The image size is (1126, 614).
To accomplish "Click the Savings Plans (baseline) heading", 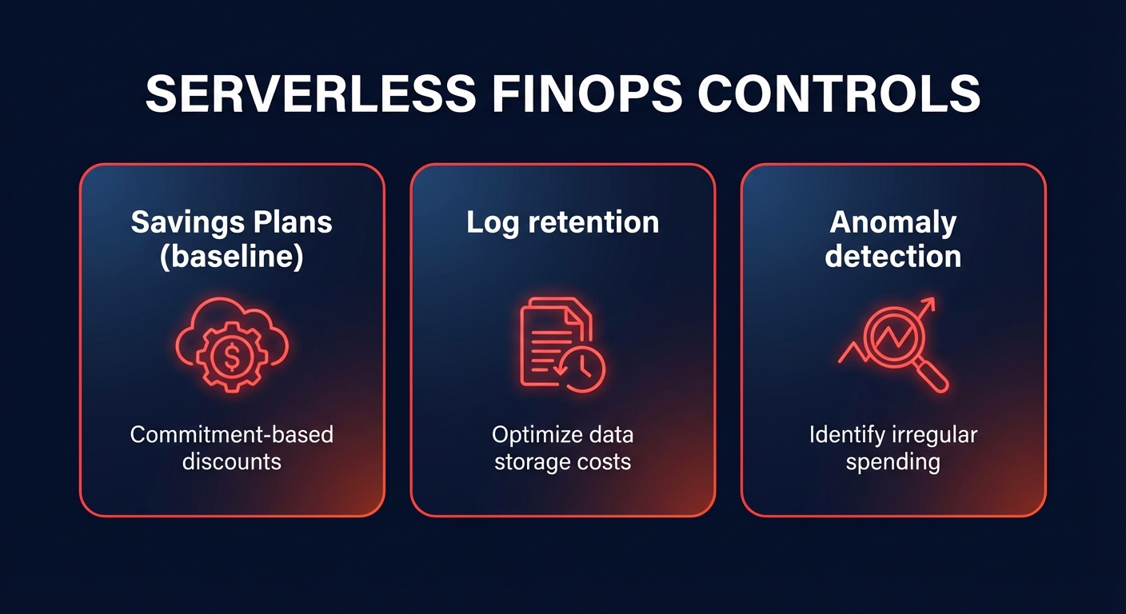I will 232,240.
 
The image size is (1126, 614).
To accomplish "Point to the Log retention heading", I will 562,222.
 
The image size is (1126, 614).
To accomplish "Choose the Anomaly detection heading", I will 893,240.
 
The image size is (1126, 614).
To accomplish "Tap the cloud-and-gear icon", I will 232,346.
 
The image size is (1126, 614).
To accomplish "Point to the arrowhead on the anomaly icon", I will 928,305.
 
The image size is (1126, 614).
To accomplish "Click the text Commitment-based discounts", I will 232,448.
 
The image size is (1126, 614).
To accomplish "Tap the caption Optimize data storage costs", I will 562,448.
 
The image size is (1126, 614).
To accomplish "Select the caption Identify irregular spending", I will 893,448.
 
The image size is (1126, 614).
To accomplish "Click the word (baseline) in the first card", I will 232,257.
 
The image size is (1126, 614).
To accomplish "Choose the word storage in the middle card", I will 533,461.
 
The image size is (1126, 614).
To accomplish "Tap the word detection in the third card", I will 893,257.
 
